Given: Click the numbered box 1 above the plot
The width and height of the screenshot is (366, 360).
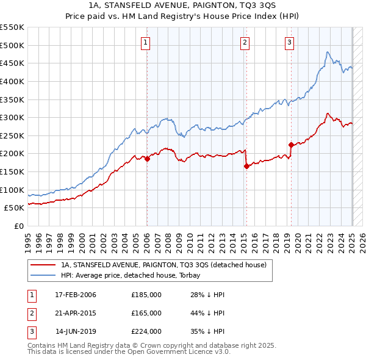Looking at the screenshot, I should pos(146,42).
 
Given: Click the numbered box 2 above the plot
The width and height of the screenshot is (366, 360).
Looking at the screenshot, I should pos(245,42).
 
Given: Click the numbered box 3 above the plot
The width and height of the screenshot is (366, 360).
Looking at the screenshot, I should pos(289,42).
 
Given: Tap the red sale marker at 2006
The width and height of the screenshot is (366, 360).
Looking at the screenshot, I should pos(147,159).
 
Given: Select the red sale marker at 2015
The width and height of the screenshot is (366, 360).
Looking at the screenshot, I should pos(246,166).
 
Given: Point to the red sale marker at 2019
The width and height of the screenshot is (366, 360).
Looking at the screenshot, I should pos(291,145).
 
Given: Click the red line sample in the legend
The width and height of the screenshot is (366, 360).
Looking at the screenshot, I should pos(42,265).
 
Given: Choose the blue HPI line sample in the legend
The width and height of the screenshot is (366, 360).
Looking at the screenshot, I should pos(42,275).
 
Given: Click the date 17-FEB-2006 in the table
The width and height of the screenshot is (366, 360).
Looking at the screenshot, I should pos(75,295).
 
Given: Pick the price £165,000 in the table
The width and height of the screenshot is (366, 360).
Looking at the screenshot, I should pos(146,313).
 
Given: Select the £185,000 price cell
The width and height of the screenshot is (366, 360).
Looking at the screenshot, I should pos(146,295).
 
